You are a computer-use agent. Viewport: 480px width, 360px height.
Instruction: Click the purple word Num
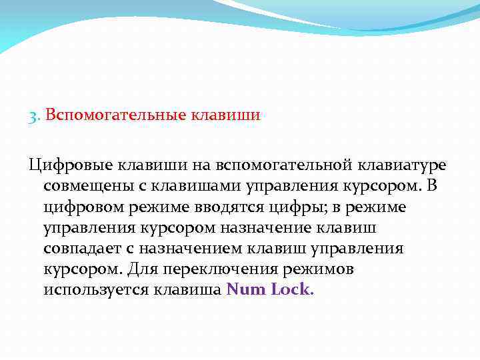(245, 291)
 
